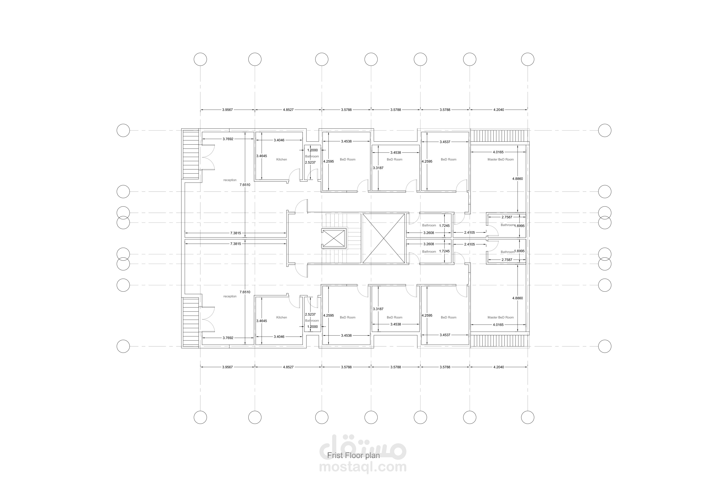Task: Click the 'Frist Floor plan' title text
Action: (353, 455)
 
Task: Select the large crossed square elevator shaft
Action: (383, 238)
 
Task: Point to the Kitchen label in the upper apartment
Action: (282, 160)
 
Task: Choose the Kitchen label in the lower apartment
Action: (282, 317)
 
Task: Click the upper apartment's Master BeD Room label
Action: (501, 160)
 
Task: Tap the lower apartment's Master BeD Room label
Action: (501, 317)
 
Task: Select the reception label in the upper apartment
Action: (230, 180)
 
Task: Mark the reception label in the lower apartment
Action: (230, 296)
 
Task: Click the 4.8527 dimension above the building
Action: (288, 110)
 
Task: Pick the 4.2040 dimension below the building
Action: (499, 367)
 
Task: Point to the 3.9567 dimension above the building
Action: (227, 110)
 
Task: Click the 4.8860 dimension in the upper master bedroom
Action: (518, 179)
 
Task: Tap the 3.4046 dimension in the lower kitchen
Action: (279, 336)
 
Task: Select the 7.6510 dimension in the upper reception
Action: (245, 185)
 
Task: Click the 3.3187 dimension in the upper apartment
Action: (378, 168)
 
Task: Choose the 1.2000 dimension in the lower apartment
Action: (312, 327)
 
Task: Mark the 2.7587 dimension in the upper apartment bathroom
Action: (507, 217)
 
